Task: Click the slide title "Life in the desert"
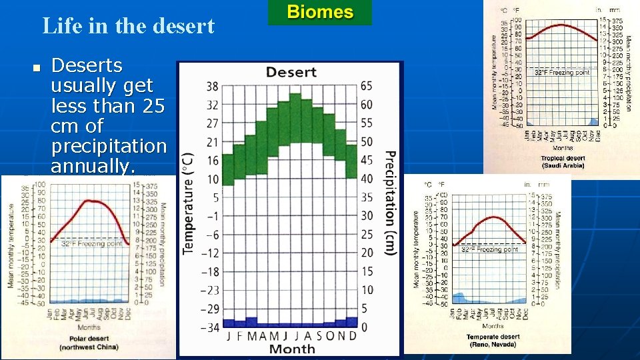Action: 128,26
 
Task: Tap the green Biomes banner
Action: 320,12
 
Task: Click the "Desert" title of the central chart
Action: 291,72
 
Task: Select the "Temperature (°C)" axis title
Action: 189,203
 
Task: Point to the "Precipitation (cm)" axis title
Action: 391,203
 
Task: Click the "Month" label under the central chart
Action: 291,349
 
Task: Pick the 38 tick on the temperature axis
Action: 212,86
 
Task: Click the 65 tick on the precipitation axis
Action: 366,86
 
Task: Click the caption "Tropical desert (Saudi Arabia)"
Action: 561,161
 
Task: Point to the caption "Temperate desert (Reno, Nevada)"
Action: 493,341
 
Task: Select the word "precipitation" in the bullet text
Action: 108,145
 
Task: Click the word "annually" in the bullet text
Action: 92,165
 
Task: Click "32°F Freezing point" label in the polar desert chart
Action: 92,244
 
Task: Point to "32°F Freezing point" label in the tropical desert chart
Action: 562,72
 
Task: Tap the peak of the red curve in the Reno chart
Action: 492,217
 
